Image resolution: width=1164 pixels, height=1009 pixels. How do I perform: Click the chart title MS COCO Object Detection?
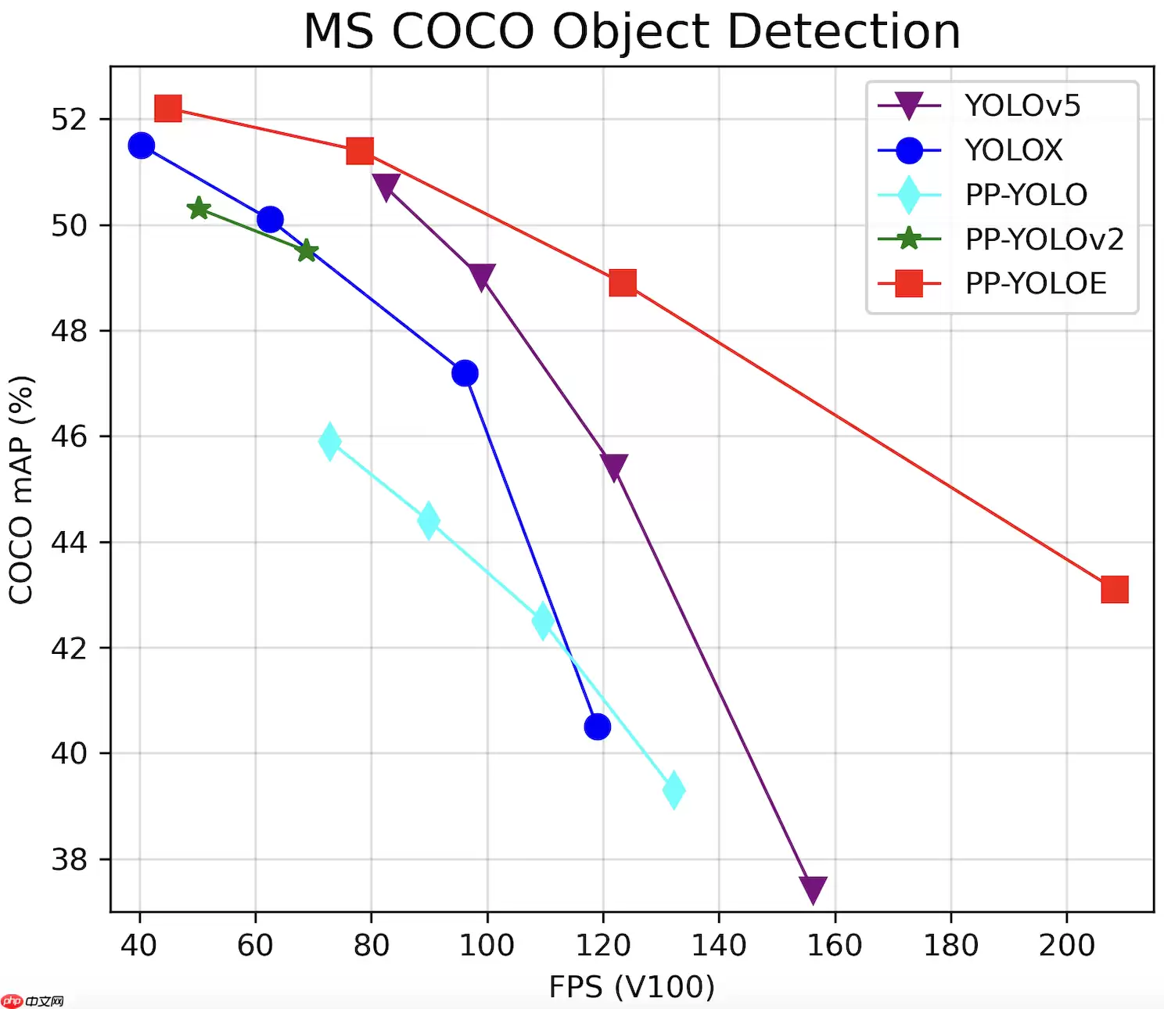point(631,32)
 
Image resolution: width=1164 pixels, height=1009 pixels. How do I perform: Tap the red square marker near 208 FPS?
point(1114,590)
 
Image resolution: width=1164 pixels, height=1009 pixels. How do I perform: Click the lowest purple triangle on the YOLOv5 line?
point(814,889)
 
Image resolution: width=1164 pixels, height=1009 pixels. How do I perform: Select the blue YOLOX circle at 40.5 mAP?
point(597,727)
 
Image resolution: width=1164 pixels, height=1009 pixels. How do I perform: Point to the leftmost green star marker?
point(199,208)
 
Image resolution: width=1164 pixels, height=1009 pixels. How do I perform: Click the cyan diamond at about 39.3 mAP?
point(674,790)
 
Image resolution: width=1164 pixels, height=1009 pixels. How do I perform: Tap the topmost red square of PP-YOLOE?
point(168,109)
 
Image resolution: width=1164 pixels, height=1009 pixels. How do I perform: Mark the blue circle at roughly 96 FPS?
point(465,373)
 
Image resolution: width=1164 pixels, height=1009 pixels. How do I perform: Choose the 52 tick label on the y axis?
point(69,120)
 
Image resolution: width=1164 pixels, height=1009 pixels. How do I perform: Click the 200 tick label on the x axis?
point(1066,946)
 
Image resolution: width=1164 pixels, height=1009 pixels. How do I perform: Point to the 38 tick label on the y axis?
point(69,860)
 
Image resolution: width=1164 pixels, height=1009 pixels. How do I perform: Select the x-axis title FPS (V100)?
point(631,986)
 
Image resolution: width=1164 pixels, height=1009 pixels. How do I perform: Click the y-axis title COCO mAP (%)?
point(21,490)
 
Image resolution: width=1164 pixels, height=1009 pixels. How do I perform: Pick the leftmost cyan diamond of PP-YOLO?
point(329,442)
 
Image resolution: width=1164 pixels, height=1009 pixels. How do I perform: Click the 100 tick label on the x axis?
point(487,946)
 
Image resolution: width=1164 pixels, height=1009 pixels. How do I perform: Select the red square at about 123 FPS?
point(623,282)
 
